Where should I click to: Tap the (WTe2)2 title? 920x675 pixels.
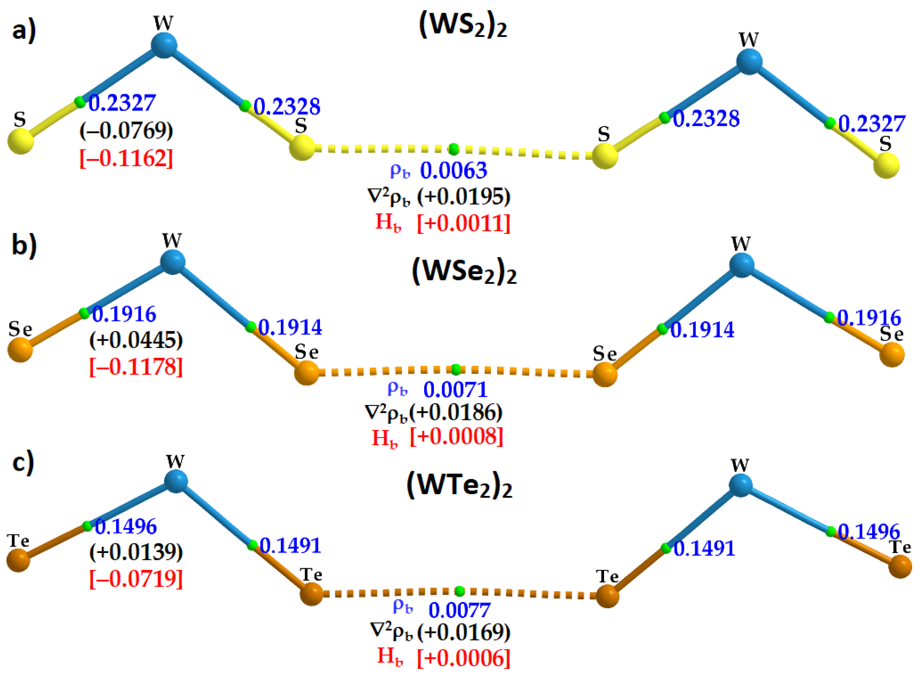coord(459,486)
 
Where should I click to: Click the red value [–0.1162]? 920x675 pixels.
coord(126,158)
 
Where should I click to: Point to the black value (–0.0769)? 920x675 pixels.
coord(126,130)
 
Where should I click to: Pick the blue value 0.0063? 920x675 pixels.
coord(454,171)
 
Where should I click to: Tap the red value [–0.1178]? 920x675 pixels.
coord(136,367)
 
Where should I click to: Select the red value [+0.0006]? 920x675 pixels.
coord(463,658)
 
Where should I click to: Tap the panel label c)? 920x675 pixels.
coord(23,463)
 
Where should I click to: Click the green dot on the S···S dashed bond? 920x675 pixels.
coord(453,149)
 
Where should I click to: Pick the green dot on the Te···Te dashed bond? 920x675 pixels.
coord(459,591)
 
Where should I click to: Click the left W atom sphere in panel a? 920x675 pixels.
coord(164,45)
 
